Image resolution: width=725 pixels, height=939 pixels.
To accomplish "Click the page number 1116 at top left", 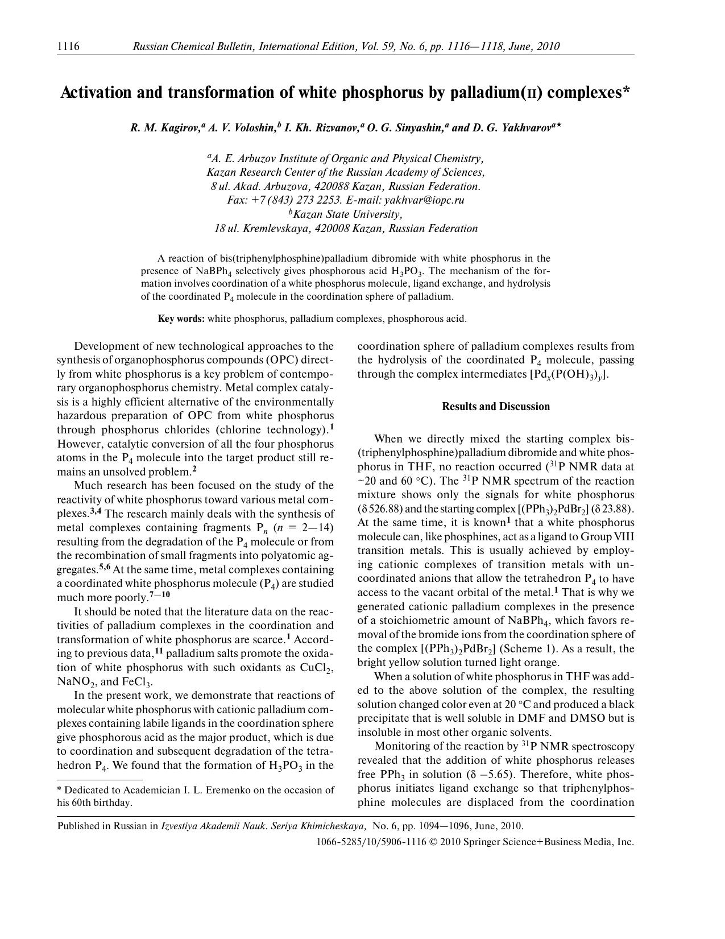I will click(x=68, y=47).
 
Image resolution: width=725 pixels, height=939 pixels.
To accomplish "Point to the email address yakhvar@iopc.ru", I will click(x=424, y=200).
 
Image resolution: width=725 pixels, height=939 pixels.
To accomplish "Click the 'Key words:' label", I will click(x=181, y=318).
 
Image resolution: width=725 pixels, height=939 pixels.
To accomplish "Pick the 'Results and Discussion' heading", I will click(x=495, y=407).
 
